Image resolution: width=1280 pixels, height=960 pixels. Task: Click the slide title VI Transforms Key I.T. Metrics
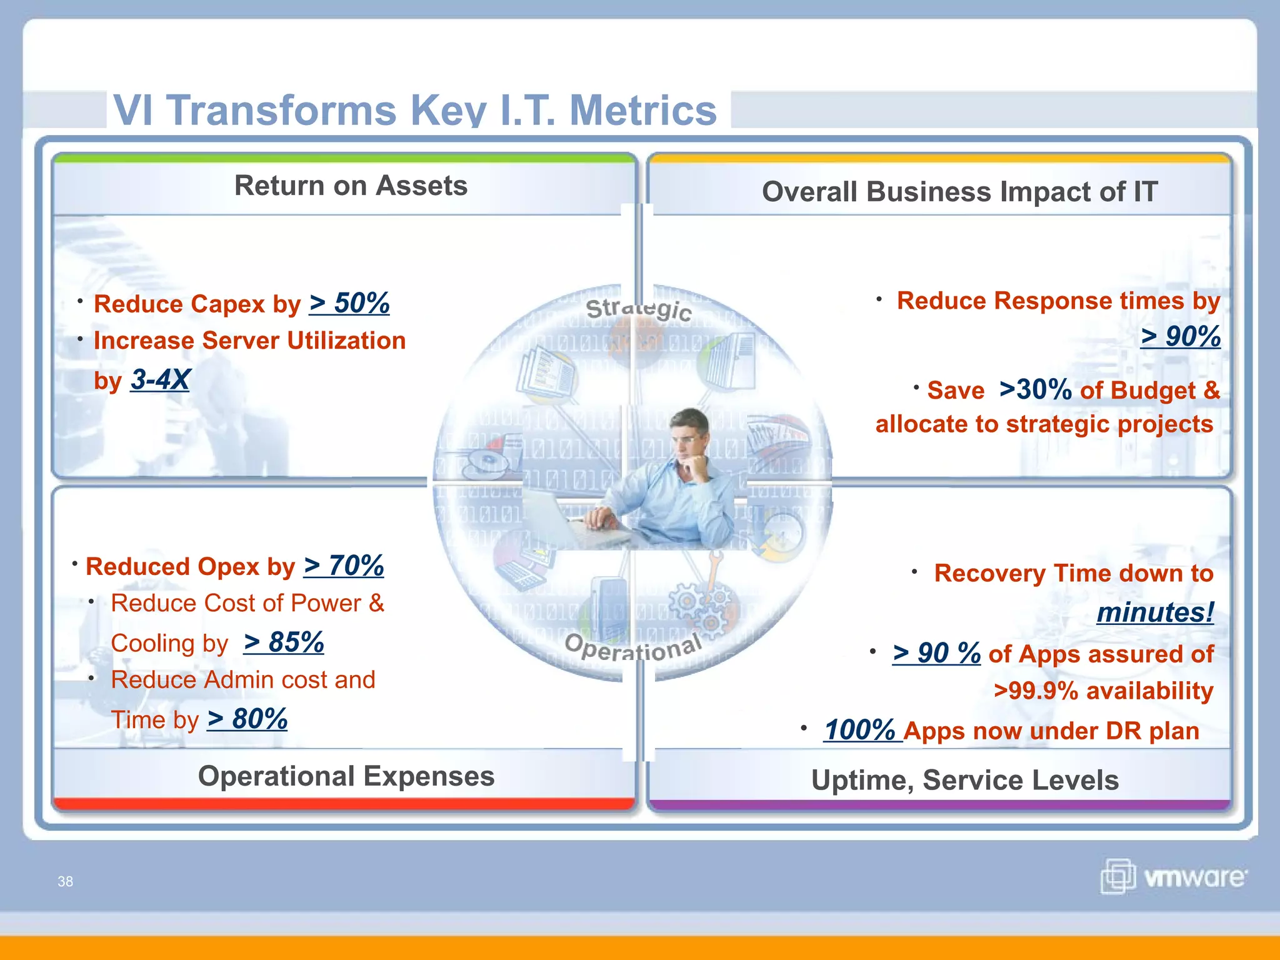415,110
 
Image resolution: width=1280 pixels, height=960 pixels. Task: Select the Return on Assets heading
351,186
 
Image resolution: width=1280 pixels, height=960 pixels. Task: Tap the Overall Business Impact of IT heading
959,191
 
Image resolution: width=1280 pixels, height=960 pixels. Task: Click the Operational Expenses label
346,776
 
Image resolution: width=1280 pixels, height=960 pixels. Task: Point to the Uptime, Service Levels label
964,780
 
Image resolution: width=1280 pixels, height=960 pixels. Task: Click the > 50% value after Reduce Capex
349,303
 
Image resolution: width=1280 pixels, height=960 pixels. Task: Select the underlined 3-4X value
160,379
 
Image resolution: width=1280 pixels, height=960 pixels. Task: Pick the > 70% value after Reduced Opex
344,566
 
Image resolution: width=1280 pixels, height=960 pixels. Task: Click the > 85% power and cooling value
284,642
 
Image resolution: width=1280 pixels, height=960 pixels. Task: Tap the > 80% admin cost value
247,719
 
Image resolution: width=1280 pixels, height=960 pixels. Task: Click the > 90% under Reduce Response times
1180,336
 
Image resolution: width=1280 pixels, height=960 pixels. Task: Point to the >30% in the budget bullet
1036,389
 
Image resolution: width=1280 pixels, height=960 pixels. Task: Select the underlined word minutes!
1155,612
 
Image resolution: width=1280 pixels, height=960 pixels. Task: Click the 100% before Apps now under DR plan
861,730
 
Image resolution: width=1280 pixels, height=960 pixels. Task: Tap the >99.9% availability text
1103,691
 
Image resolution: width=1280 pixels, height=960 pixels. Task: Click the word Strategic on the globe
638,309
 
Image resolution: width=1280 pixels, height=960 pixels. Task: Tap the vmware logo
1174,876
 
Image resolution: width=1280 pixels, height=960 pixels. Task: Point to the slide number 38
65,881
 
